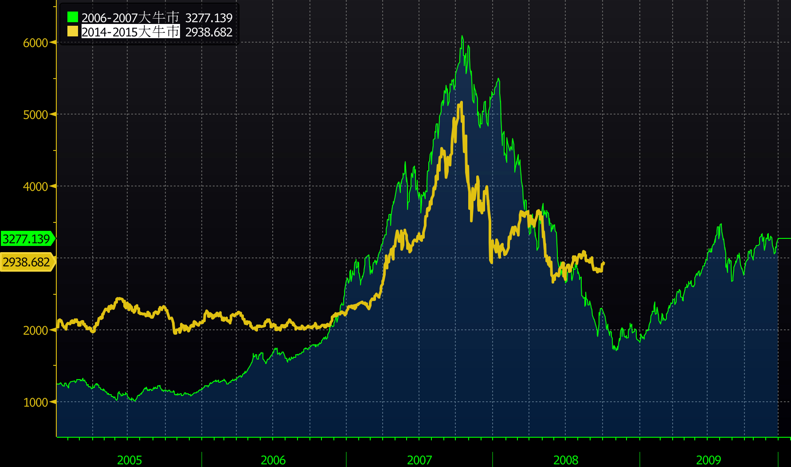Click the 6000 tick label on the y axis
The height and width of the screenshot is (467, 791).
(35, 43)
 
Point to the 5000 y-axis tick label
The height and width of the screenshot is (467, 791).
(35, 115)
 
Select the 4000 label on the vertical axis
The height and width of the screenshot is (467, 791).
(35, 186)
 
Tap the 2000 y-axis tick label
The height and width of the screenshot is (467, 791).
(35, 330)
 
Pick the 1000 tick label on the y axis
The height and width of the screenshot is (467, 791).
(35, 402)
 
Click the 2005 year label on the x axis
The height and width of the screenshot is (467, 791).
(129, 460)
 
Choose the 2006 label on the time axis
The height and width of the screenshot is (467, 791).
(273, 460)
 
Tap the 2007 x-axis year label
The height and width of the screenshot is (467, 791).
(419, 460)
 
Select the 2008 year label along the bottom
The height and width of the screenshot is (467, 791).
(566, 460)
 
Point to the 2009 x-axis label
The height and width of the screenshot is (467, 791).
(709, 460)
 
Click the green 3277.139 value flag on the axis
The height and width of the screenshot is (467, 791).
(27, 239)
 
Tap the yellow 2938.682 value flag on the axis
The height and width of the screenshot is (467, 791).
(27, 262)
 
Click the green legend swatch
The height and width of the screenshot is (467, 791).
(73, 17)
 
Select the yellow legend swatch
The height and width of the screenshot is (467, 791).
(73, 32)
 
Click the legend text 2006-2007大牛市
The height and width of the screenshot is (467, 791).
(130, 18)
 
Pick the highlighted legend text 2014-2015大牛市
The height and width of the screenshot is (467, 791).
(130, 32)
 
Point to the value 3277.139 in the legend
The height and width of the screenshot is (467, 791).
(209, 18)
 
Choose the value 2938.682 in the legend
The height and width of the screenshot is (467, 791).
(209, 32)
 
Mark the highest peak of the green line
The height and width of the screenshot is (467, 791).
(462, 36)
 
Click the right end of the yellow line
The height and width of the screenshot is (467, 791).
(603, 263)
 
